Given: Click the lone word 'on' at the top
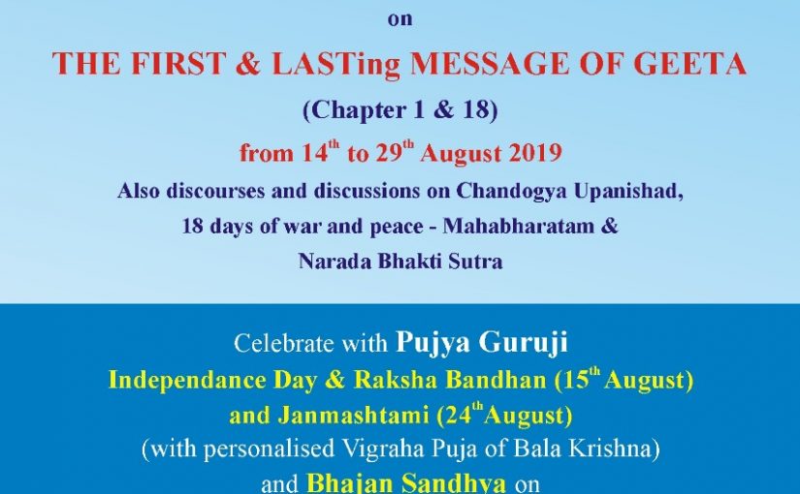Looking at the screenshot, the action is tap(400, 19).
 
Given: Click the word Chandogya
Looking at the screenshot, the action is tap(512, 192).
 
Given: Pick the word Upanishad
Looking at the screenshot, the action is tap(628, 192).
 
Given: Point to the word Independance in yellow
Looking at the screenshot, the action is tap(188, 381).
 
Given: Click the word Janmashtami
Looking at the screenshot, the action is tap(353, 416).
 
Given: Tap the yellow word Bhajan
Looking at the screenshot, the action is tap(348, 482).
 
